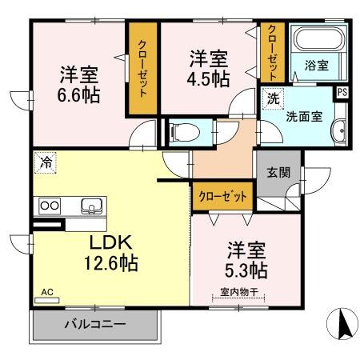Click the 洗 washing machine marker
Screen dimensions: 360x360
click(272, 99)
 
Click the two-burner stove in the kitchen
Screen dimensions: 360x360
click(50, 206)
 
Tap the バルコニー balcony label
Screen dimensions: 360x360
click(94, 325)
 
